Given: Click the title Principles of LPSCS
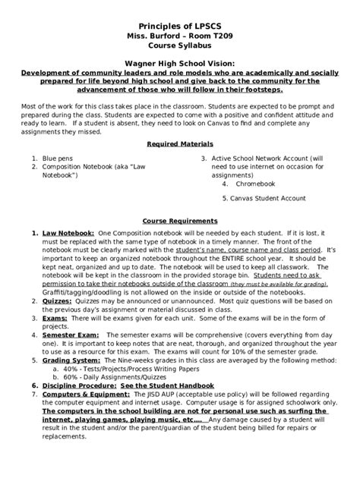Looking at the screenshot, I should (179, 25).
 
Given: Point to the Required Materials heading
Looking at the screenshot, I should (179, 143).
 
